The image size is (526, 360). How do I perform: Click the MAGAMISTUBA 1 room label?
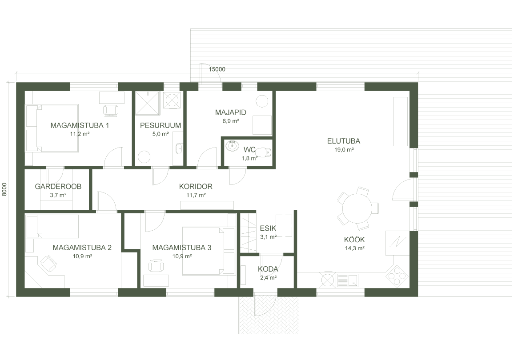[80, 125]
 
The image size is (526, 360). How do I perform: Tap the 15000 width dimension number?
[217, 69]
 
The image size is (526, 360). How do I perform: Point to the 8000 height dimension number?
[4, 189]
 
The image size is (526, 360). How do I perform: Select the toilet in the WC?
[267, 152]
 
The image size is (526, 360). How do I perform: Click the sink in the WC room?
[232, 146]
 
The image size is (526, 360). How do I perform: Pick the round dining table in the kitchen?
[357, 208]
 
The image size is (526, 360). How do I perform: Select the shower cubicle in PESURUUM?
[147, 103]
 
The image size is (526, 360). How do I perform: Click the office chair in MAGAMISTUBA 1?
[111, 110]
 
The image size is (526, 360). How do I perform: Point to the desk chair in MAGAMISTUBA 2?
[48, 263]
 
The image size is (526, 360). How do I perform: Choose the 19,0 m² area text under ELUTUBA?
[344, 150]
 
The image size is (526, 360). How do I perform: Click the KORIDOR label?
[196, 186]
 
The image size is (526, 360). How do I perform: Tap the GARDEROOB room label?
[58, 186]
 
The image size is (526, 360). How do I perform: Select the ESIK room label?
[268, 228]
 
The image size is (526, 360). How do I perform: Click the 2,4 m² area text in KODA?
[268, 277]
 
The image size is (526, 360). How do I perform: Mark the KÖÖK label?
[354, 240]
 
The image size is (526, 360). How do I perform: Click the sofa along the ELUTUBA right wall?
[400, 121]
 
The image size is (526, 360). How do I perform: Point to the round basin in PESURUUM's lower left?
[144, 157]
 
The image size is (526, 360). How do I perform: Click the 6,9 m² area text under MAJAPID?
[231, 121]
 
